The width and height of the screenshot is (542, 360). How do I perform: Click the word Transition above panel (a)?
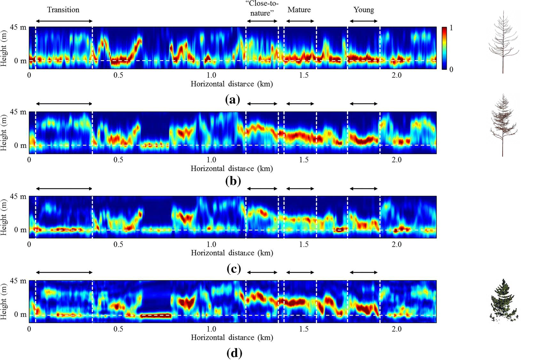63,10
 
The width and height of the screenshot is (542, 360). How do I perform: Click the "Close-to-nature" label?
262,9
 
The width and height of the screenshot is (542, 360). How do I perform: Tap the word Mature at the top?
299,10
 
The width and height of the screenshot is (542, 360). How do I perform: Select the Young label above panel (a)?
364,10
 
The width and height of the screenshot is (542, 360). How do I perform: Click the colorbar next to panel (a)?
444,48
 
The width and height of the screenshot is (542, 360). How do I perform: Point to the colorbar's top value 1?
451,28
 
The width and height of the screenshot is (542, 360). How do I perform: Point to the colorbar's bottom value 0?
451,69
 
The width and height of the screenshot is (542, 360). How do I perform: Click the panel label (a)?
232,100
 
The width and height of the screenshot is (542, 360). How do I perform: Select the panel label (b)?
233,181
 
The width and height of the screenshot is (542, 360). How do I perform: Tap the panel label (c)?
233,269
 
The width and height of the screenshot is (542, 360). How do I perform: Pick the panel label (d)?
234,353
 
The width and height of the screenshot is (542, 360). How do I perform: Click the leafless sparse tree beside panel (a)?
502,42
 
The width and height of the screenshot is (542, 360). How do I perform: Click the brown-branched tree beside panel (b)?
502,125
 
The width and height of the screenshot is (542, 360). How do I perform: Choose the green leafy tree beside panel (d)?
503,301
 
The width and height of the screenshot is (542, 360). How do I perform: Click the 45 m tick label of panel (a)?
19,27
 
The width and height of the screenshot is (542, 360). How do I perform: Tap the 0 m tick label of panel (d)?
20,315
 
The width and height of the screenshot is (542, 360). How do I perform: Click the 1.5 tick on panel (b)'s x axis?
304,160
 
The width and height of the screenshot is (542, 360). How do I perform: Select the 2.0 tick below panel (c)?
397,245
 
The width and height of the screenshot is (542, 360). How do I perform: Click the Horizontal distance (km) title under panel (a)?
232,84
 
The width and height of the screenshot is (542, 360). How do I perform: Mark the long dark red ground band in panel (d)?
156,316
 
